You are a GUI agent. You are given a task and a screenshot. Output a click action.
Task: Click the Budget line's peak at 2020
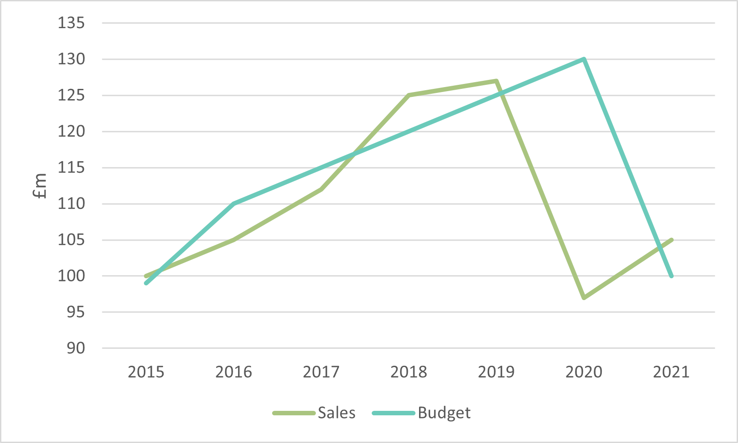pyautogui.click(x=583, y=59)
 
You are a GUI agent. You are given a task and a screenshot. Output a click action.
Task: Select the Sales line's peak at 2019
pyautogui.click(x=496, y=81)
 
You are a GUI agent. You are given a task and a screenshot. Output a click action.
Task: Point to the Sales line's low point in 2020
pyautogui.click(x=584, y=297)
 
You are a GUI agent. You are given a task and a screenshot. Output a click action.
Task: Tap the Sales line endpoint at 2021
pyautogui.click(x=671, y=240)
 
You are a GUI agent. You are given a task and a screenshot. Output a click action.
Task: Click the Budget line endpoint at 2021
pyautogui.click(x=671, y=276)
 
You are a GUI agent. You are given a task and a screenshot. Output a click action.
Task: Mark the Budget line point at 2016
pyautogui.click(x=234, y=204)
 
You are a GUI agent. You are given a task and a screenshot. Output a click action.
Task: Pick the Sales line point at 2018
pyautogui.click(x=409, y=95)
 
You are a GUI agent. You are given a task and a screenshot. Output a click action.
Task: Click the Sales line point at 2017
pyautogui.click(x=321, y=189)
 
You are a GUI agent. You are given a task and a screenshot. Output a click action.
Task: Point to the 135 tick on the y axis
pyautogui.click(x=71, y=23)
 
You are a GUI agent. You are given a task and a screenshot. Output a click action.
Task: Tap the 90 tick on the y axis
pyautogui.click(x=76, y=348)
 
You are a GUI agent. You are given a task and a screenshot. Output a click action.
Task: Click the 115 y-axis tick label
pyautogui.click(x=71, y=168)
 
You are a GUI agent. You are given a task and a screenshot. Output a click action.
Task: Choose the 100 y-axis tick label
pyautogui.click(x=71, y=276)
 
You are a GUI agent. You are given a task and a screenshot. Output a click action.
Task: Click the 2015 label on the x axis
pyautogui.click(x=146, y=372)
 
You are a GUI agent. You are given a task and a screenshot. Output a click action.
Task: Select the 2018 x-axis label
pyautogui.click(x=409, y=372)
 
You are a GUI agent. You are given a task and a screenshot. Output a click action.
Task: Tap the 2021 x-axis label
pyautogui.click(x=671, y=372)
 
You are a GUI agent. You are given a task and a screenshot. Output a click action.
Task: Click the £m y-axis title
pyautogui.click(x=40, y=186)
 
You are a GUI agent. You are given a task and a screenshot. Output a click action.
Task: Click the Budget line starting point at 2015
pyautogui.click(x=147, y=283)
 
